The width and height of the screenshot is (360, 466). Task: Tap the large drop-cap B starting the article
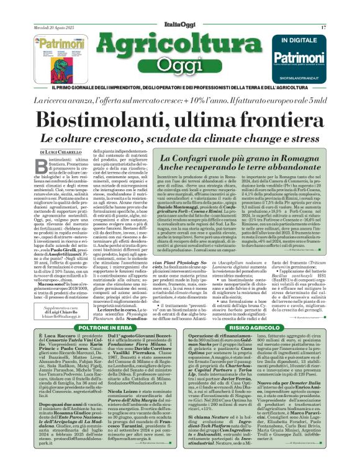tap(43, 164)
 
